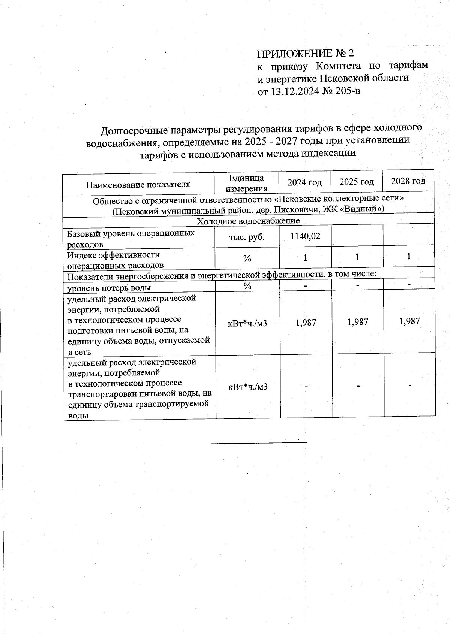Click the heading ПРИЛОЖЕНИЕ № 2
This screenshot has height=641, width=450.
point(306,53)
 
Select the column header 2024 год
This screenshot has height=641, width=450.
point(304,182)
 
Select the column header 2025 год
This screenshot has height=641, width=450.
point(357,182)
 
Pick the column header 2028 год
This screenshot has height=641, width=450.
point(408,181)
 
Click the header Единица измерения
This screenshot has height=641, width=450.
point(246,183)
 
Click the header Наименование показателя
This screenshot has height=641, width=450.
point(138,184)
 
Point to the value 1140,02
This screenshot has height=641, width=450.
point(305,236)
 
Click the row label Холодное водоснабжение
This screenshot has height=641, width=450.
point(248,221)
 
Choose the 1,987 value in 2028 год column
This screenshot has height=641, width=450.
point(409,321)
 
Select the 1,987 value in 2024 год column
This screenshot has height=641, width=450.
point(306,322)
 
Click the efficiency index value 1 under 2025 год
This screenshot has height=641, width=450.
point(357,257)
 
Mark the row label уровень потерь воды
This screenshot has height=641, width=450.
point(109,287)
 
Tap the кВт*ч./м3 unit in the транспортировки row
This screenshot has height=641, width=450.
point(247,387)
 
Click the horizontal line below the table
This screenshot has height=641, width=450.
point(259,443)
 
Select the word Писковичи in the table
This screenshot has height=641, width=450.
point(298,209)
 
